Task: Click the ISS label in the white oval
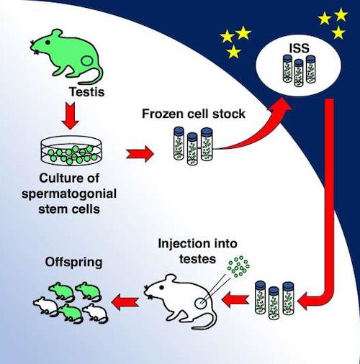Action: [x=299, y=48]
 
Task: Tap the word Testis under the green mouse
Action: [x=87, y=92]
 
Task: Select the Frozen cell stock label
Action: [x=194, y=114]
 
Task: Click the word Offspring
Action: [x=73, y=263]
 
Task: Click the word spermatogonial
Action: [x=69, y=194]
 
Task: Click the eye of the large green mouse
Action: [x=48, y=42]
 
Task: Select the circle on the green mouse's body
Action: [x=86, y=61]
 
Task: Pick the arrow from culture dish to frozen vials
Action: [x=140, y=153]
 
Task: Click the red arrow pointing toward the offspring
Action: [x=125, y=302]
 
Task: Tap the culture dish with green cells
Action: [x=71, y=152]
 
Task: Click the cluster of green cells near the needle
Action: [x=238, y=266]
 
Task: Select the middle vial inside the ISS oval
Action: [x=299, y=73]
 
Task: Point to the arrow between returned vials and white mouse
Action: [x=236, y=299]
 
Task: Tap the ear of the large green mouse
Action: [x=58, y=34]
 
